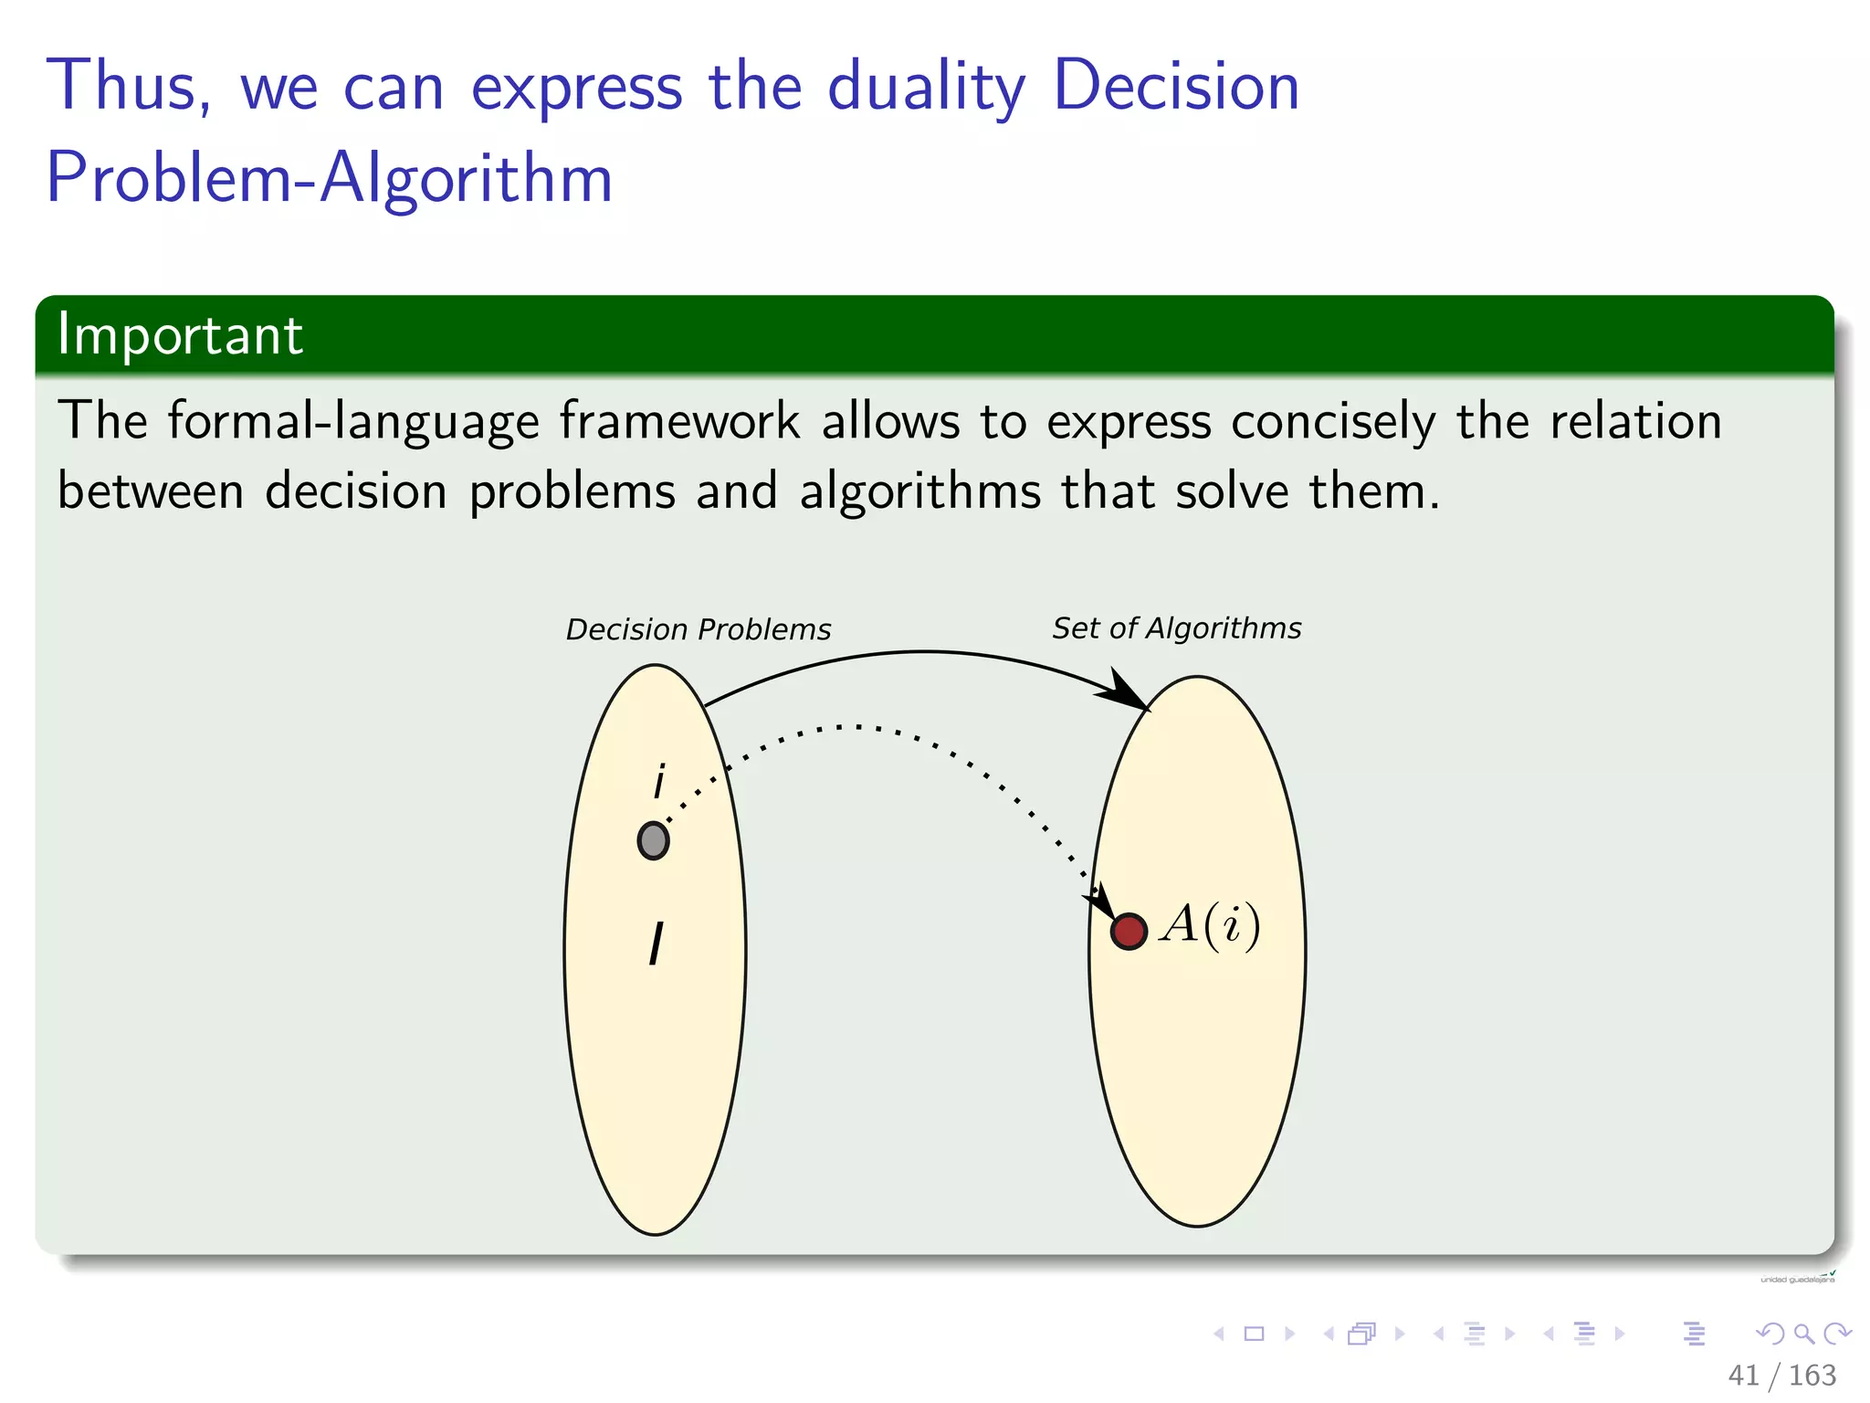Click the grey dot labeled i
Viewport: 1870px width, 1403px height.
point(653,840)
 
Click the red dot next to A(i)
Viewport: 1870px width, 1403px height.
point(1129,931)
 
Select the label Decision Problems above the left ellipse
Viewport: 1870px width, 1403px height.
point(699,629)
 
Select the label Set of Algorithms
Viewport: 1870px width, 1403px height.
point(1176,628)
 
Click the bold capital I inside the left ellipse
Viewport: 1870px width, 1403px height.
point(656,944)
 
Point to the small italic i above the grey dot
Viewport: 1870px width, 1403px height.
point(659,782)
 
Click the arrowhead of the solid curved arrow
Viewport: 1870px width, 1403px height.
point(1127,692)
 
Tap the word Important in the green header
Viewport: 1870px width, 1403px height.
point(180,334)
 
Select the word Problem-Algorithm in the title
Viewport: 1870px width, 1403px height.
point(329,177)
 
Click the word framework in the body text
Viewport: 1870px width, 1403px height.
point(679,421)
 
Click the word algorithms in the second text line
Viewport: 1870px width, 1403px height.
point(919,491)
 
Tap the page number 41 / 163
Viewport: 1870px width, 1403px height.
point(1781,1375)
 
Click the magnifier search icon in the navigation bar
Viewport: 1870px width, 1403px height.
point(1803,1334)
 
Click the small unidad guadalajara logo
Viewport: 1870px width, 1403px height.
point(1797,1278)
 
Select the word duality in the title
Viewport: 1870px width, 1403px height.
point(926,86)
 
